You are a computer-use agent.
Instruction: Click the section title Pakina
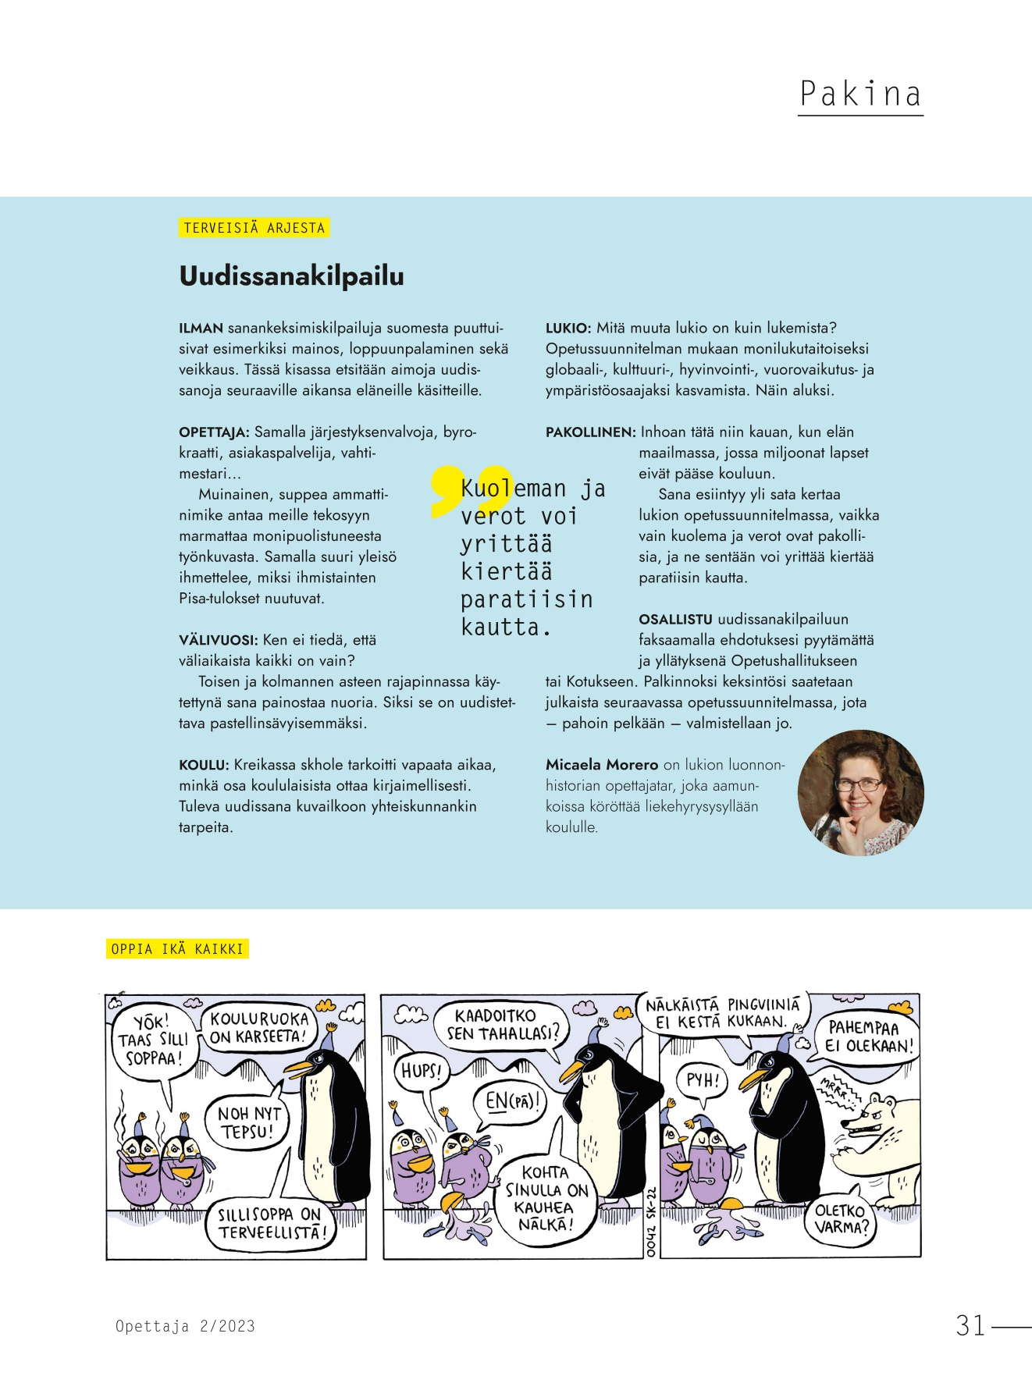point(860,94)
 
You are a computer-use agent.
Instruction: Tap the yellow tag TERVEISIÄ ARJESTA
point(254,228)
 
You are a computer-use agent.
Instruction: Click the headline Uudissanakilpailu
point(291,276)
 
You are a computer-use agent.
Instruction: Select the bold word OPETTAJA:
point(214,432)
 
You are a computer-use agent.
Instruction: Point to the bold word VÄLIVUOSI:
point(218,640)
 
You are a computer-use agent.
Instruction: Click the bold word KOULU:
point(204,765)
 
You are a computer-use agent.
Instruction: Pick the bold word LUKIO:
point(568,328)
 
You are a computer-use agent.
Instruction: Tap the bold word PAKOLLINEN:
point(591,432)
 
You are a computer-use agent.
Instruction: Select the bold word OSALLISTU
point(675,620)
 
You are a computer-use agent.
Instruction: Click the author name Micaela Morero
point(602,765)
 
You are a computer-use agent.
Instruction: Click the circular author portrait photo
point(860,793)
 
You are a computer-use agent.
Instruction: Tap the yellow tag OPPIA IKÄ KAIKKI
point(177,949)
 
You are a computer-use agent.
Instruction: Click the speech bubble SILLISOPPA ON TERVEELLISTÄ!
point(269,1224)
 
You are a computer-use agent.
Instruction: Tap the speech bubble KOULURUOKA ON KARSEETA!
point(259,1027)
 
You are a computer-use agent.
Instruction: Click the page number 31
point(970,1325)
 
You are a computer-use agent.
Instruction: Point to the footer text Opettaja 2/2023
point(185,1326)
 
